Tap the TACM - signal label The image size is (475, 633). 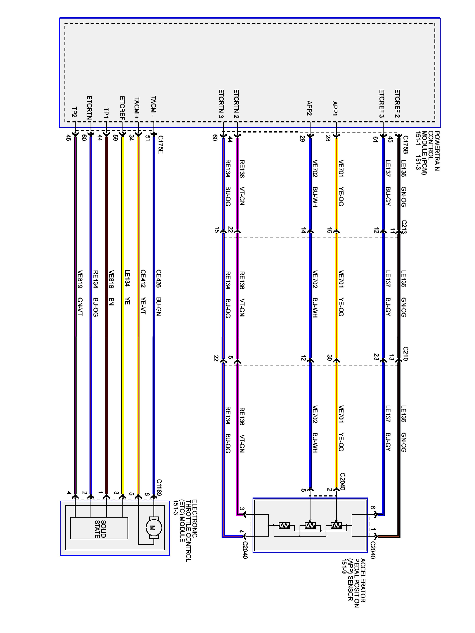153,107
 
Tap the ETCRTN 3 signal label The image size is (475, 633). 221,104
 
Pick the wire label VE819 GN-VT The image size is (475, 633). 80,293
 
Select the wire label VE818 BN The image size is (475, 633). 111,288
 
